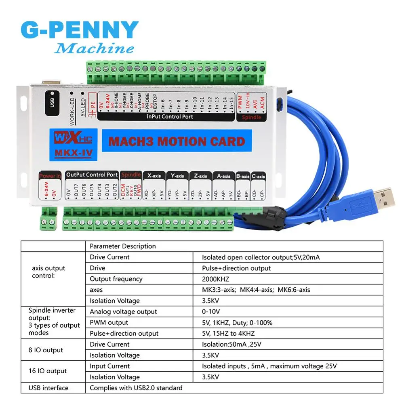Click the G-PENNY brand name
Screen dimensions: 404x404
point(79,31)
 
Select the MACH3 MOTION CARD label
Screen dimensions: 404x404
point(177,141)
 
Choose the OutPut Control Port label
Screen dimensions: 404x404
point(92,175)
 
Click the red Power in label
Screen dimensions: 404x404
point(50,176)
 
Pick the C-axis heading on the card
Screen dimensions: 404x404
point(258,177)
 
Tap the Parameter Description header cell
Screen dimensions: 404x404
point(122,246)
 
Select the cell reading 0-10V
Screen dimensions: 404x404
point(211,311)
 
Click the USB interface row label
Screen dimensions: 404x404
point(48,388)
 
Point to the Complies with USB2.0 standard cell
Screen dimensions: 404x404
point(136,388)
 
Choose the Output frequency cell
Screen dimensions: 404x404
point(116,279)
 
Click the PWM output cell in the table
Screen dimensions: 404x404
point(109,322)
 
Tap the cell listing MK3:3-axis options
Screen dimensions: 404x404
point(256,290)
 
